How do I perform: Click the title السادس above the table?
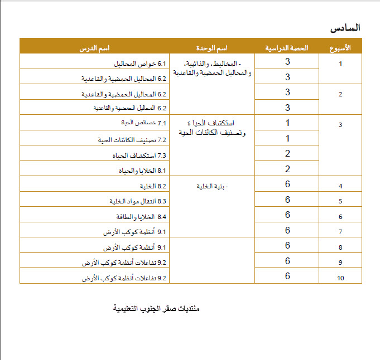click(345, 27)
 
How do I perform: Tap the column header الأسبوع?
click(340, 47)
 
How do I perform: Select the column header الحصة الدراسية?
click(287, 47)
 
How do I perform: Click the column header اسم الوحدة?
click(213, 47)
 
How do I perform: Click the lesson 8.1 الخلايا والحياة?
click(140, 171)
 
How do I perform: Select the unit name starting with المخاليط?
click(212, 68)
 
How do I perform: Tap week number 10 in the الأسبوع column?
click(340, 278)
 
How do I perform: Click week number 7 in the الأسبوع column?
click(340, 231)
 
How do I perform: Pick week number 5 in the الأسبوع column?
click(340, 201)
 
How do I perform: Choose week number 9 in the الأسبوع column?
click(340, 262)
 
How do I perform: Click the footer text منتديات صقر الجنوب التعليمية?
click(156, 308)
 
